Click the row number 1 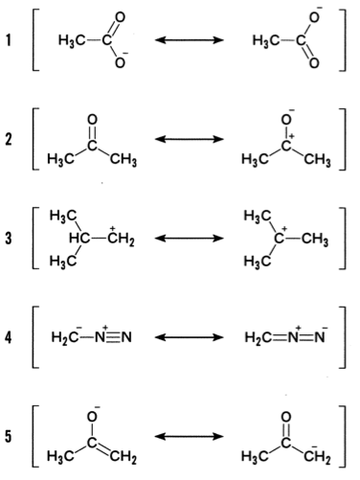(9, 40)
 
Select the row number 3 (9, 239)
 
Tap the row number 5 (9, 436)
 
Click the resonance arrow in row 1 (190, 40)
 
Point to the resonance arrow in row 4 (190, 337)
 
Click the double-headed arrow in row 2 (190, 139)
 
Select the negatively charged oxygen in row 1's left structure (121, 61)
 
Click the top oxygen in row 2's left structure (92, 120)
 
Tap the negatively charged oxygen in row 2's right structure (287, 119)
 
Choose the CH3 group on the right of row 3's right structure (315, 240)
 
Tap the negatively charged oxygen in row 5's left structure (93, 416)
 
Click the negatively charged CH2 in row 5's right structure (317, 456)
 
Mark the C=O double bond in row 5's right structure (286, 429)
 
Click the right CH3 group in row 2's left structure (124, 159)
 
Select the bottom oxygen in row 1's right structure (314, 63)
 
